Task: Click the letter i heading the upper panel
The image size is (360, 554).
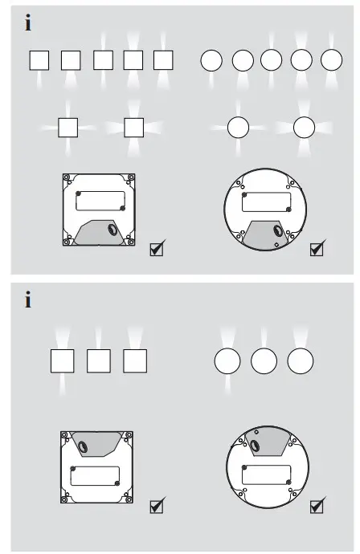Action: tap(29, 24)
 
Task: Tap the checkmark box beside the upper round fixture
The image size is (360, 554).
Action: tap(317, 249)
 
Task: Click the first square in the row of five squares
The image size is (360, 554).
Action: tap(39, 59)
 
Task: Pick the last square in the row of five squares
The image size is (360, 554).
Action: tap(163, 59)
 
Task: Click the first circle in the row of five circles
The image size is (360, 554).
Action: tap(211, 60)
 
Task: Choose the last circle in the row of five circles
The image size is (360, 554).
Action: tap(331, 60)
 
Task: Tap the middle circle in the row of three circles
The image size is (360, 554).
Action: tap(264, 361)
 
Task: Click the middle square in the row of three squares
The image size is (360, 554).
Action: tap(98, 361)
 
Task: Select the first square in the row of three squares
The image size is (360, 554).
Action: tap(62, 361)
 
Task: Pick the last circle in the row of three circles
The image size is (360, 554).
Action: tap(300, 361)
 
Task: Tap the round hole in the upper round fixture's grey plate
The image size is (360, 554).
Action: tap(278, 231)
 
